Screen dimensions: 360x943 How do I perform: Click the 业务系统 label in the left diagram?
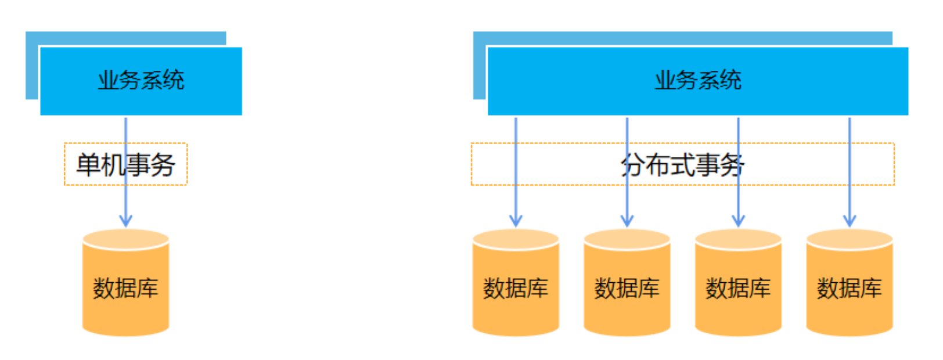(141, 80)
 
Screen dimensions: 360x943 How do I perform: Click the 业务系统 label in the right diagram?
(698, 80)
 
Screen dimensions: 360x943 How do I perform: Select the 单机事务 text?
(125, 165)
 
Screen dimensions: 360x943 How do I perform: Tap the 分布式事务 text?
(682, 165)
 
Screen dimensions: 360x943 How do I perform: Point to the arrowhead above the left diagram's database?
(125, 221)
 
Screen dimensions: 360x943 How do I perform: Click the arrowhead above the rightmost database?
(850, 221)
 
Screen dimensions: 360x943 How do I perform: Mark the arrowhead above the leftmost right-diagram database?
(516, 221)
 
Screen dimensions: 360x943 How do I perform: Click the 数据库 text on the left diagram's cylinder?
(125, 288)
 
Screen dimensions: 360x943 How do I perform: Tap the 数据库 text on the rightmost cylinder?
(850, 288)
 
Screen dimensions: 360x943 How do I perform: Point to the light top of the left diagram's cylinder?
(125, 239)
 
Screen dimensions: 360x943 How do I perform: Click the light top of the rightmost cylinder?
(850, 239)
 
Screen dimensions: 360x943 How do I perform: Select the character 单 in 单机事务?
(88, 165)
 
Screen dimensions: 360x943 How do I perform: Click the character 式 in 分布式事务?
(682, 165)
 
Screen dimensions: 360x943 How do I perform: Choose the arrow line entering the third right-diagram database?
(738, 197)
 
